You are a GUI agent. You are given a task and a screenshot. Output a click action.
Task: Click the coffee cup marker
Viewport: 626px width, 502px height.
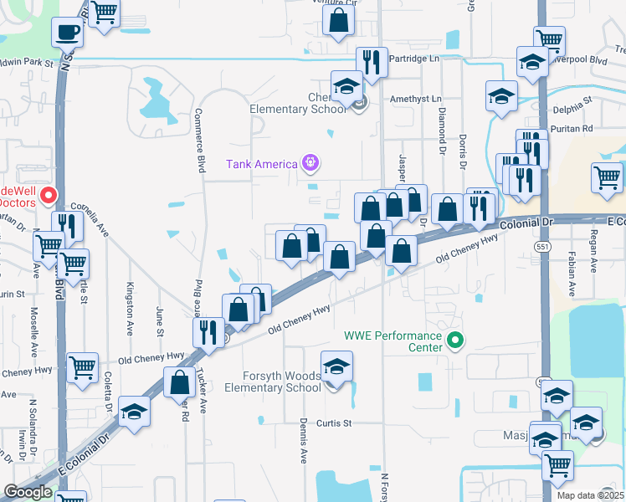68,33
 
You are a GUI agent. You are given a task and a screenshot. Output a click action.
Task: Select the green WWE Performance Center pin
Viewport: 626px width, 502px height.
455,340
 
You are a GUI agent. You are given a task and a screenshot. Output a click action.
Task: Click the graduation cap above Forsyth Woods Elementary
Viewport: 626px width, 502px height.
337,366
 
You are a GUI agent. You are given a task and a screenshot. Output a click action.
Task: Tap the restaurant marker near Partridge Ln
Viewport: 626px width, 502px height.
370,60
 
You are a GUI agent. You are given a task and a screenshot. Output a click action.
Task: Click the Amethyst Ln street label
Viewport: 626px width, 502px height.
416,99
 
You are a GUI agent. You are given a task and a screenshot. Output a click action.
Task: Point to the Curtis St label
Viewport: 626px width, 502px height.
332,423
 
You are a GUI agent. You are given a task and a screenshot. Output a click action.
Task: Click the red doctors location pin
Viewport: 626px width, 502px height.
49,196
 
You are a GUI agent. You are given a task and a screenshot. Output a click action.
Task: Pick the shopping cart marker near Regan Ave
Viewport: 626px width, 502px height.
607,177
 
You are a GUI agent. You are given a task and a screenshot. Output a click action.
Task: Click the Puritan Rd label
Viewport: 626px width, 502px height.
575,128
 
